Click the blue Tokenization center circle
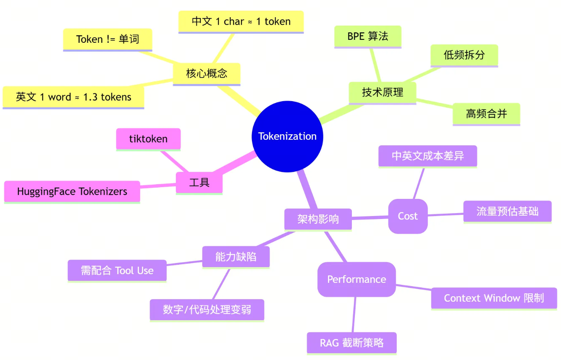[x=287, y=136]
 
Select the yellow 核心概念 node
[x=207, y=74]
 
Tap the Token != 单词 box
[x=107, y=39]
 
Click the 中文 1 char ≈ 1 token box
[x=241, y=21]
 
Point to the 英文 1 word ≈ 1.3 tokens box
[x=73, y=97]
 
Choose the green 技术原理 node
[x=383, y=92]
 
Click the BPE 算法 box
[x=367, y=37]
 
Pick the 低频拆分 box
[x=464, y=55]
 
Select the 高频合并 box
[x=486, y=114]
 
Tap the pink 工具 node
[x=199, y=183]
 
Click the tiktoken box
[x=148, y=139]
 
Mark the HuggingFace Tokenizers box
[x=72, y=192]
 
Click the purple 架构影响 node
[x=318, y=219]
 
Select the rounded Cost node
[x=408, y=216]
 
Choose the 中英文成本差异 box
[x=427, y=156]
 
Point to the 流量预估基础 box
[x=507, y=211]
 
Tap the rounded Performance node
[x=357, y=279]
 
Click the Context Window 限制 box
[x=494, y=298]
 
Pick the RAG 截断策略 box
[x=351, y=343]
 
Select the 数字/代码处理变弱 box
[x=207, y=310]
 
